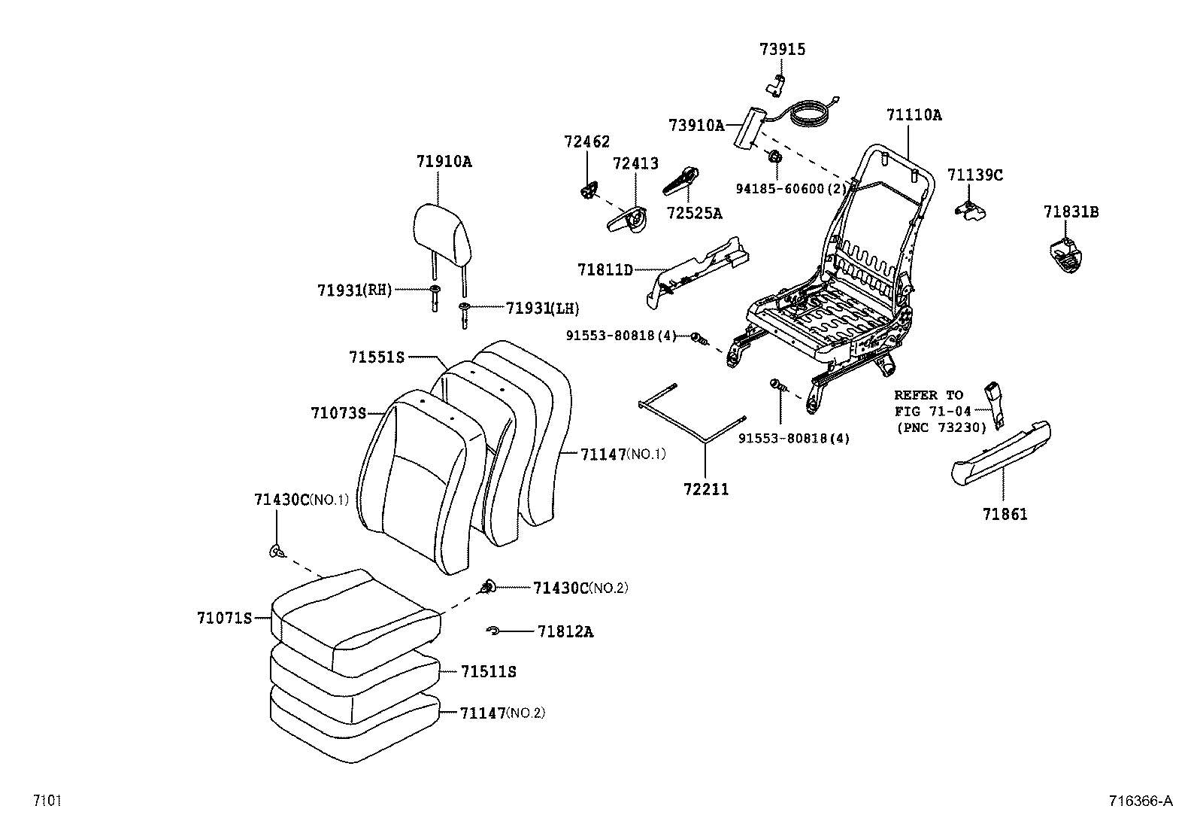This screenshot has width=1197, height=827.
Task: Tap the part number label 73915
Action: click(782, 50)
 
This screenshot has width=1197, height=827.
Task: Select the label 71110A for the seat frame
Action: click(914, 115)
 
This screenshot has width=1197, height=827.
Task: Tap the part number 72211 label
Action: click(706, 489)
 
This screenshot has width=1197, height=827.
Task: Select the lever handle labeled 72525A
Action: click(681, 181)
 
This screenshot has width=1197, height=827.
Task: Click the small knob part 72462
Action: click(589, 190)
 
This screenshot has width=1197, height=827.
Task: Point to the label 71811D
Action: click(605, 269)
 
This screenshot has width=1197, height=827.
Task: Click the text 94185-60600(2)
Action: click(791, 189)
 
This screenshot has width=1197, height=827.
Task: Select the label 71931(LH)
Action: click(542, 309)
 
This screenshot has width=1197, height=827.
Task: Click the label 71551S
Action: click(377, 357)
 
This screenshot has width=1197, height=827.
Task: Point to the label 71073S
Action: click(338, 413)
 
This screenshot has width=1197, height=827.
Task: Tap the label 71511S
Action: click(489, 671)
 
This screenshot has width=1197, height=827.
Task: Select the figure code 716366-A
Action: click(1140, 801)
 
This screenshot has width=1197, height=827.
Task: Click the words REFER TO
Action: click(928, 395)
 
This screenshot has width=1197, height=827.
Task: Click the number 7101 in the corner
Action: click(46, 801)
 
